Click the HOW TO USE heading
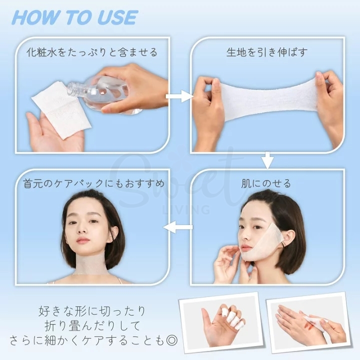click(74, 17)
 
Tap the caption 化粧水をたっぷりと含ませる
click(92, 52)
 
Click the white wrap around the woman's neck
click(91, 270)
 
